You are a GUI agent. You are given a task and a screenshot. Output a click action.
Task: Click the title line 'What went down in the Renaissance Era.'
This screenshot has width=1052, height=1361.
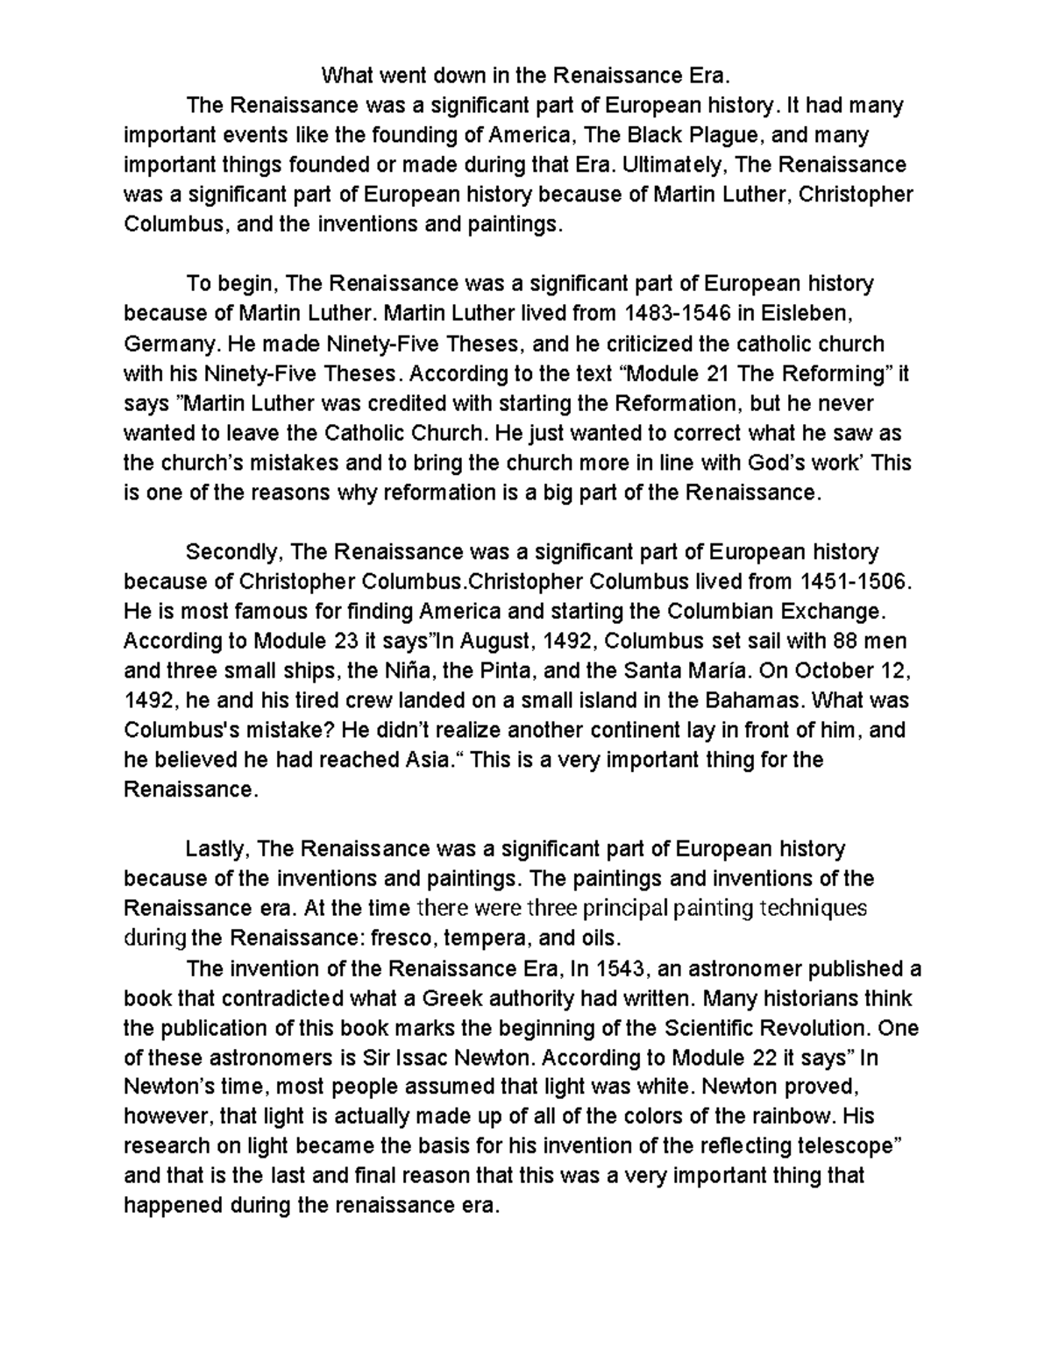pyautogui.click(x=525, y=75)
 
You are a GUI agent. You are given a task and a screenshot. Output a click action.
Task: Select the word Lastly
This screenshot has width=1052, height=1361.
pyautogui.click(x=218, y=848)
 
